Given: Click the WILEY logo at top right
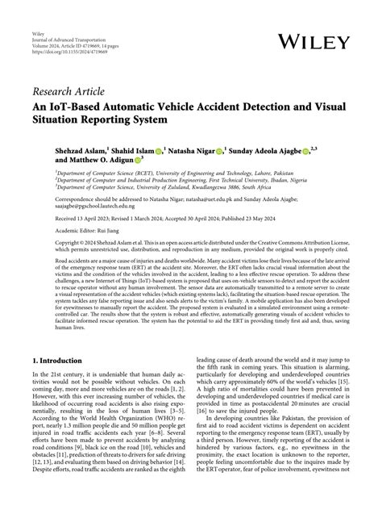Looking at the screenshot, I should pos(314,40).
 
